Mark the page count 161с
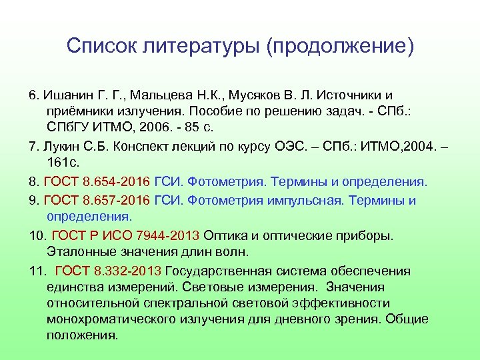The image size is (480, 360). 64,163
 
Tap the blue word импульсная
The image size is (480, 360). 283,200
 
